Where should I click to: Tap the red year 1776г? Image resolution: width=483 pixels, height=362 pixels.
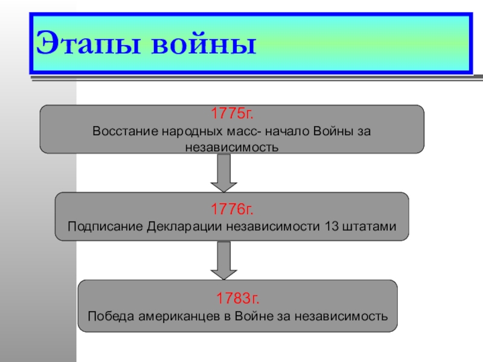click(x=232, y=210)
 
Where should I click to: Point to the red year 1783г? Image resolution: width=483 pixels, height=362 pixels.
click(x=238, y=298)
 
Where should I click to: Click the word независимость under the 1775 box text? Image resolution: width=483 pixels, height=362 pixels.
click(x=232, y=147)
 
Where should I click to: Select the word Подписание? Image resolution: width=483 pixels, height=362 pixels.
click(x=105, y=227)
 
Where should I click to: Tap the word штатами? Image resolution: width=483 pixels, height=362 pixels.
click(x=368, y=227)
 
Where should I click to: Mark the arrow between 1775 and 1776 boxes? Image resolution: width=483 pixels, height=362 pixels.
click(x=223, y=173)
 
